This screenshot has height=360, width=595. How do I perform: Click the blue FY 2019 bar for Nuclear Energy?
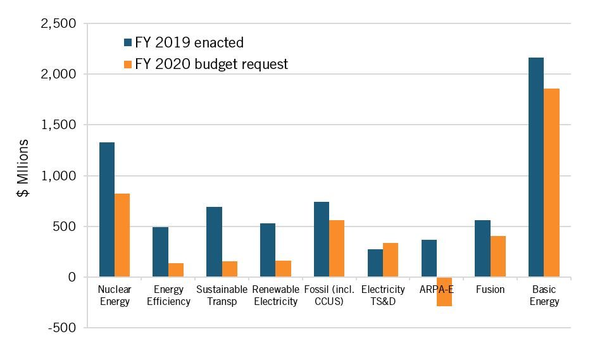click(x=107, y=209)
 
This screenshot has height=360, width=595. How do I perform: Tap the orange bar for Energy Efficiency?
click(x=176, y=270)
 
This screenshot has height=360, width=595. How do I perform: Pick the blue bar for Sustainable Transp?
click(x=214, y=242)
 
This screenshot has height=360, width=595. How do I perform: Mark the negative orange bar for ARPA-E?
click(x=444, y=292)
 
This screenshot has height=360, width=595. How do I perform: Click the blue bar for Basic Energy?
click(x=536, y=167)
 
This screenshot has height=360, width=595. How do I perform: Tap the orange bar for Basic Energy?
click(x=551, y=183)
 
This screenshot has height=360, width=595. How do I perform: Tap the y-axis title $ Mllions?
click(x=23, y=168)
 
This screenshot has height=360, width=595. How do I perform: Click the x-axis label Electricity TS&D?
click(x=383, y=295)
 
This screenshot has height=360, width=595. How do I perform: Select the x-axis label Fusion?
click(x=491, y=290)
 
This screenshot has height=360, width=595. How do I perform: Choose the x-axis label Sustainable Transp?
click(x=222, y=295)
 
